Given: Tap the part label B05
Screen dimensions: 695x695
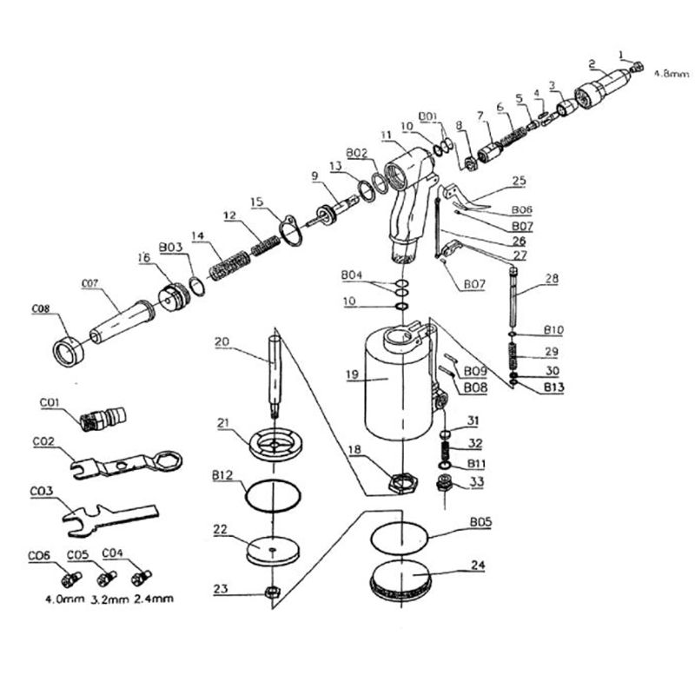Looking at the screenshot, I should click(x=481, y=522).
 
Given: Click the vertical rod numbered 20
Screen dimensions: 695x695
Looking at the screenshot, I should click(x=274, y=374).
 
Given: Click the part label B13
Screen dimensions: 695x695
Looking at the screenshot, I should click(x=553, y=387).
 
